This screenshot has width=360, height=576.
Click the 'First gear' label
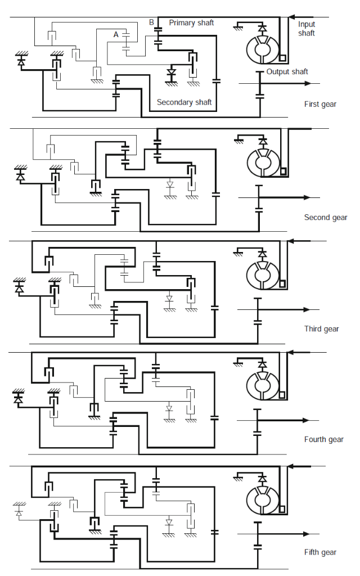pos(320,104)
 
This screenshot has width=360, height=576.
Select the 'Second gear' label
pos(326,217)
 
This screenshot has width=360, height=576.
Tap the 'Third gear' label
pos(322,329)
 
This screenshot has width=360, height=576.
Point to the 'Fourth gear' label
pos(323,439)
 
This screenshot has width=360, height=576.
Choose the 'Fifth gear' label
pos(320,552)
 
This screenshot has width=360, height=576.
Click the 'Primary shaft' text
pos(191,23)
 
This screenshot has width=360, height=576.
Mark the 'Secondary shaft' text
pos(184,102)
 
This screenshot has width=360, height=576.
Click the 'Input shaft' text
pos(307,29)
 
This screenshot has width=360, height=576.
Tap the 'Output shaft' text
pos(287,71)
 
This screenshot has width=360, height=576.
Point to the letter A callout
pos(116,34)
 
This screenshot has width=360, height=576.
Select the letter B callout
pos(151,22)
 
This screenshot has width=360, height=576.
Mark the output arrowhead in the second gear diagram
pos(307,197)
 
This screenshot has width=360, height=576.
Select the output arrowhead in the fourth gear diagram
pos(307,420)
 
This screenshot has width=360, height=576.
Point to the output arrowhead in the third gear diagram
pos(307,309)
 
